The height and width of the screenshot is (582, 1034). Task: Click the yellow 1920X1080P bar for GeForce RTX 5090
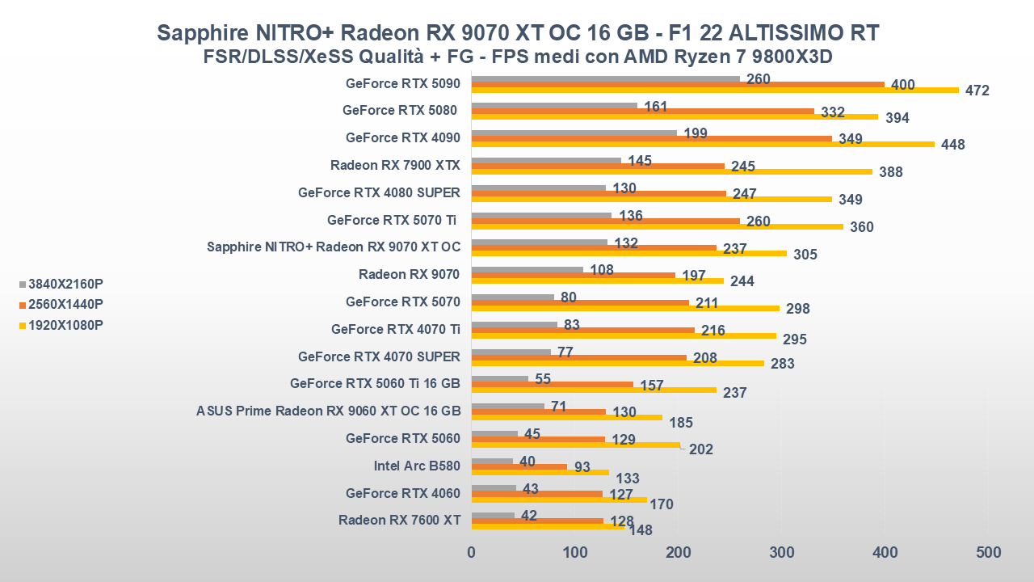pyautogui.click(x=715, y=90)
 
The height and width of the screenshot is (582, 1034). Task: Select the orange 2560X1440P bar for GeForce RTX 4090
pyautogui.click(x=651, y=138)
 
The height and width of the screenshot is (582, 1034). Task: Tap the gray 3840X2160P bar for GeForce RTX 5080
pyautogui.click(x=554, y=105)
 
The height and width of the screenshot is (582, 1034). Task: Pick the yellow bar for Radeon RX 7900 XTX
pyautogui.click(x=671, y=171)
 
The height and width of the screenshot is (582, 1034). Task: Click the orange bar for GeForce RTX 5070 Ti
pyautogui.click(x=605, y=221)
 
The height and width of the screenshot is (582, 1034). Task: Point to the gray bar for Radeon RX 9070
pyautogui.click(x=527, y=269)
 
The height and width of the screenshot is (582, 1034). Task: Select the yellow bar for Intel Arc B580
pyautogui.click(x=540, y=472)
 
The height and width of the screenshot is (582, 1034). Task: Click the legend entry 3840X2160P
pyautogui.click(x=65, y=284)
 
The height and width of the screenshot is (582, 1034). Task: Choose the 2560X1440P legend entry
pyautogui.click(x=65, y=304)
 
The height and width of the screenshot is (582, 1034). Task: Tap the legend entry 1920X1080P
pyautogui.click(x=65, y=325)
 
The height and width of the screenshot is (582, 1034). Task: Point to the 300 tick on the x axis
pyautogui.click(x=781, y=553)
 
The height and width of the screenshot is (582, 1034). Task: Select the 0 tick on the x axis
pyautogui.click(x=472, y=553)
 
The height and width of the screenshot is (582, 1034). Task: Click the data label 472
pyautogui.click(x=977, y=91)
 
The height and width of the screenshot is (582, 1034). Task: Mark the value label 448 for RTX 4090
pyautogui.click(x=952, y=145)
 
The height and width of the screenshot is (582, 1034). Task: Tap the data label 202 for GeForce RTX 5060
pyautogui.click(x=700, y=449)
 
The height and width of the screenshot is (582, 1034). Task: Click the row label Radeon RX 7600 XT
pyautogui.click(x=399, y=520)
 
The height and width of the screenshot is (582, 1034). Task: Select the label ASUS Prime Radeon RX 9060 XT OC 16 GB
pyautogui.click(x=328, y=411)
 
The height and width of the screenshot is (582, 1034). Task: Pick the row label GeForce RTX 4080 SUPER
pyautogui.click(x=379, y=192)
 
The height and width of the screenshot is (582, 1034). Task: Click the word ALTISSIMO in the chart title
pyautogui.click(x=780, y=32)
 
